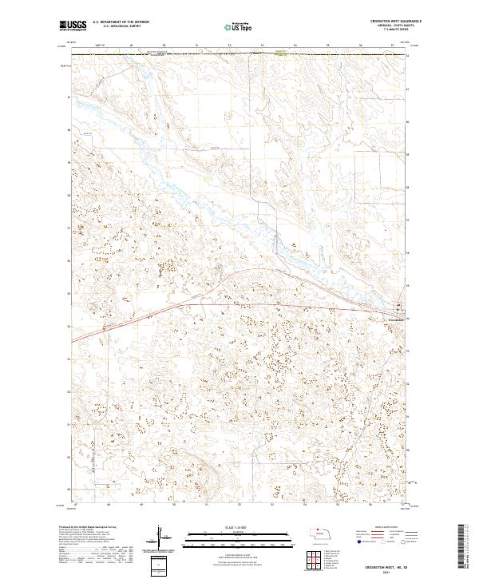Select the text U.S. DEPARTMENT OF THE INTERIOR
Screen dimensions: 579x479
click(121, 23)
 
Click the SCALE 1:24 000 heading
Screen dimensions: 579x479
click(228, 528)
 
